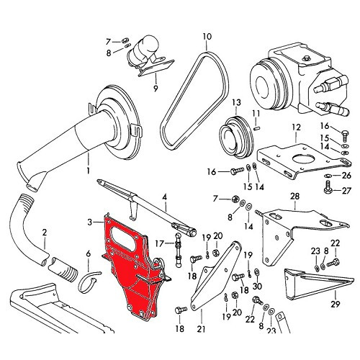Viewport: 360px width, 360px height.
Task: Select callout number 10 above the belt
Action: pyautogui.click(x=207, y=36)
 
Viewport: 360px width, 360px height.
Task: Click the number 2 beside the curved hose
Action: pyautogui.click(x=44, y=232)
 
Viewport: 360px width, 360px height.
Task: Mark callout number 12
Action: pyautogui.click(x=294, y=127)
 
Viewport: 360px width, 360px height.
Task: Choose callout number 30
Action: pyautogui.click(x=257, y=287)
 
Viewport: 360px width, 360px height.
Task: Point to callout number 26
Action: pyautogui.click(x=347, y=175)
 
